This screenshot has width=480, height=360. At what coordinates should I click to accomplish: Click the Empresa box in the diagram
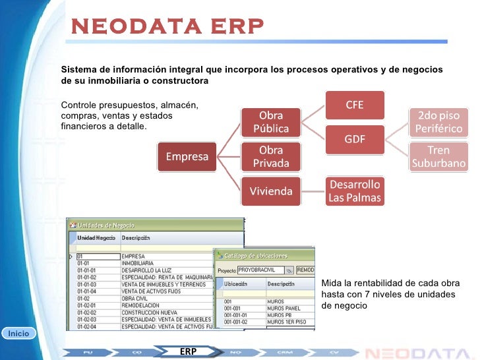(187, 157)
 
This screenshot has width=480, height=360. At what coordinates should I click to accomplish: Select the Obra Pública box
(271, 121)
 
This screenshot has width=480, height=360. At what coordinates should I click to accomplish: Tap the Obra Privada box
(271, 156)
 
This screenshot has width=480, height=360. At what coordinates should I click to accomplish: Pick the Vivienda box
(271, 192)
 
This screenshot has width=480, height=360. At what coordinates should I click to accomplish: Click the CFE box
(355, 105)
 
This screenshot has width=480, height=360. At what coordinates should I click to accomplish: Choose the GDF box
(355, 140)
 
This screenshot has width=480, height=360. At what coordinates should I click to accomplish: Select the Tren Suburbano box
(438, 156)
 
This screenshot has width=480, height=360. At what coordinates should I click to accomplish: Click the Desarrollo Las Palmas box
(355, 191)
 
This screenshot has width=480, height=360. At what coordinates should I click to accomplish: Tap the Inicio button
(18, 334)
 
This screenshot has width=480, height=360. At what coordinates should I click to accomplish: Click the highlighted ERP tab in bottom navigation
(188, 351)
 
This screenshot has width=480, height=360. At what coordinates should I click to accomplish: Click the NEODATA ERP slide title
(167, 26)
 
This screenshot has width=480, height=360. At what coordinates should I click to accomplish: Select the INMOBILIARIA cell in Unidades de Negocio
(139, 262)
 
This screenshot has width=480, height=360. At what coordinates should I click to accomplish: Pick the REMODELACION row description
(141, 305)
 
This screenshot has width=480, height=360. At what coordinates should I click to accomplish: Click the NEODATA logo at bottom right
(418, 351)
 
